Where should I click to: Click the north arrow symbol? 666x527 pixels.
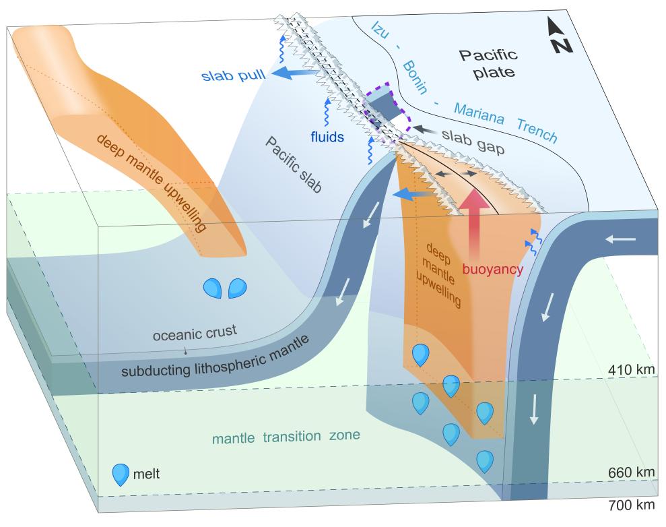pyautogui.click(x=559, y=35)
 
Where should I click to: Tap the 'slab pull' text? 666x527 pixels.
pyautogui.click(x=233, y=75)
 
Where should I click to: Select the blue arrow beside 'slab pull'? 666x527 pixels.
pyautogui.click(x=294, y=73)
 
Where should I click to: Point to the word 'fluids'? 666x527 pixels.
pyautogui.click(x=327, y=137)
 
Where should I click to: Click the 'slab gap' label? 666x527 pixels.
pyautogui.click(x=473, y=141)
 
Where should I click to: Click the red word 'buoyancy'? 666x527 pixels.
pyautogui.click(x=493, y=269)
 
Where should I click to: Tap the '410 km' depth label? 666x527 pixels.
pyautogui.click(x=632, y=369)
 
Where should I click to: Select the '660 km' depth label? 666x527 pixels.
pyautogui.click(x=632, y=472)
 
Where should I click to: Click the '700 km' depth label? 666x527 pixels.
pyautogui.click(x=632, y=505)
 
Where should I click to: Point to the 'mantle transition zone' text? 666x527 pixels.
pyautogui.click(x=286, y=437)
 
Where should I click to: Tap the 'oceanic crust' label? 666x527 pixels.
pyautogui.click(x=195, y=333)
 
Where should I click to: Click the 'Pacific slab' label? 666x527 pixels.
pyautogui.click(x=294, y=164)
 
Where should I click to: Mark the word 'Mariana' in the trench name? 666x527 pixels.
pyautogui.click(x=479, y=113)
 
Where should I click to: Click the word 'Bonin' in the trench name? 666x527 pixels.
pyautogui.click(x=415, y=77)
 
